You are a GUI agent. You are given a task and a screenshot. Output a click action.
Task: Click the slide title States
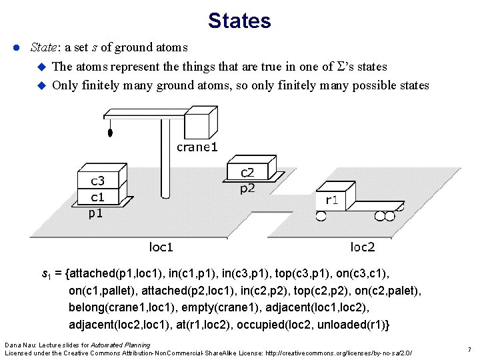pyautogui.click(x=239, y=21)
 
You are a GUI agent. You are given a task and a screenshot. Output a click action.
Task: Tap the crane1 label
pyautogui.click(x=197, y=147)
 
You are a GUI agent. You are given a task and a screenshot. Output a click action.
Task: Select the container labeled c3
pyautogui.click(x=98, y=181)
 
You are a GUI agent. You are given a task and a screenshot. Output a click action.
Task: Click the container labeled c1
pyautogui.click(x=98, y=197)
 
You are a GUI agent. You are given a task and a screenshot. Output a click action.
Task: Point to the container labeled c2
pyautogui.click(x=247, y=173)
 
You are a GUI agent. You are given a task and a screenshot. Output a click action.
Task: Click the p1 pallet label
pyautogui.click(x=96, y=213)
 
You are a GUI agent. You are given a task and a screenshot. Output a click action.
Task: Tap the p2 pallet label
pyautogui.click(x=247, y=188)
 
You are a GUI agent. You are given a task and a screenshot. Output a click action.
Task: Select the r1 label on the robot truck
pyautogui.click(x=331, y=199)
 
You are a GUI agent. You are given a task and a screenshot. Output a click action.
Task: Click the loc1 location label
pyautogui.click(x=161, y=247)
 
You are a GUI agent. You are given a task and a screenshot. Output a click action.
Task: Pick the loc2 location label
pyautogui.click(x=363, y=247)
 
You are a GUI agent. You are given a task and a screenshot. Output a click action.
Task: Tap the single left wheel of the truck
pyautogui.click(x=321, y=215)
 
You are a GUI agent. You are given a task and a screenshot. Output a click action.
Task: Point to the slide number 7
pyautogui.click(x=469, y=349)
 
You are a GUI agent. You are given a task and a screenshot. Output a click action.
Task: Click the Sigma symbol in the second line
pyautogui.click(x=345, y=67)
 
